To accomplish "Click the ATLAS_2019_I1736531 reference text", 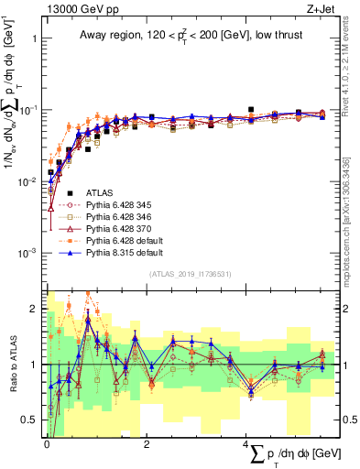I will pos(190,274).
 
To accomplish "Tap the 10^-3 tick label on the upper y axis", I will pos(27,253).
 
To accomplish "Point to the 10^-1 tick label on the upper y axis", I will pos(27,110).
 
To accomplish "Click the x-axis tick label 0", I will pos(47,443).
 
